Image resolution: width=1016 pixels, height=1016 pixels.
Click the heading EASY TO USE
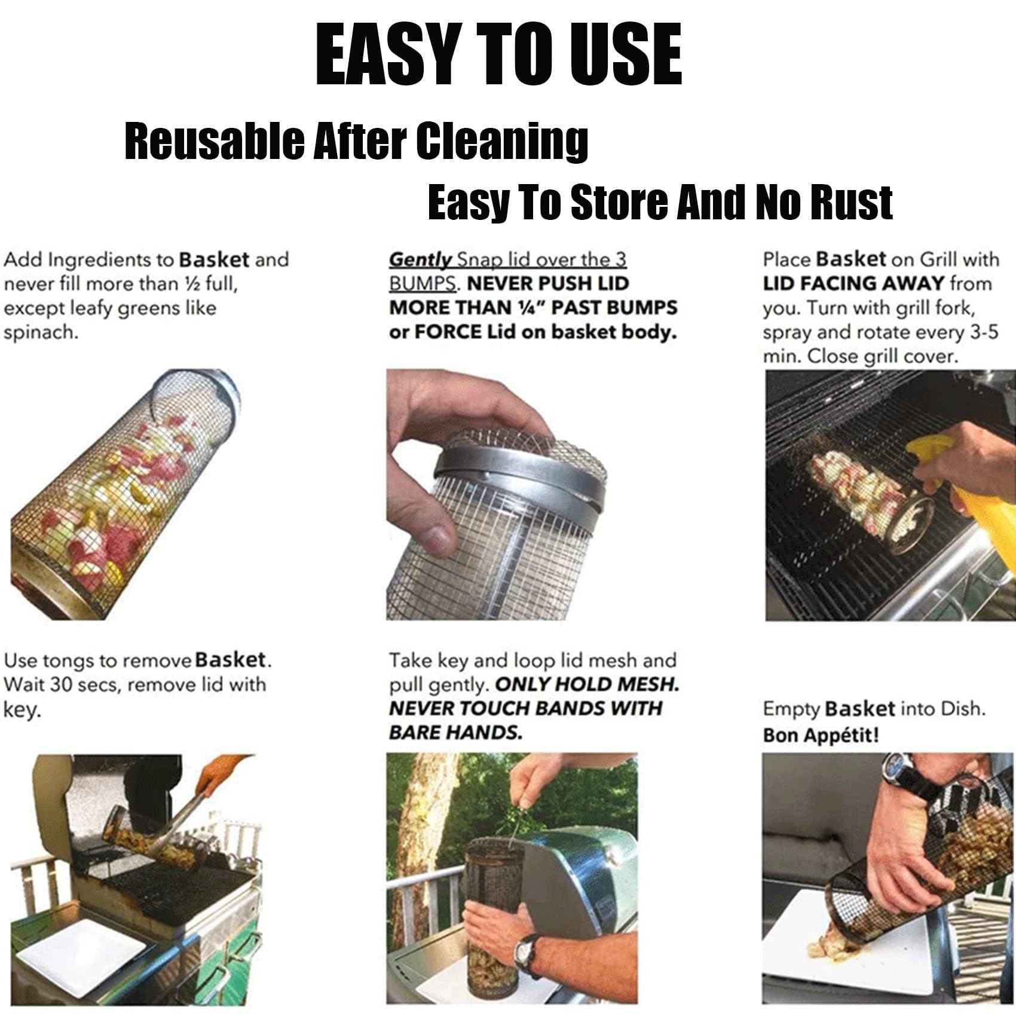[499, 56]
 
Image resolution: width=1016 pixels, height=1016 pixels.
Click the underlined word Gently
[421, 261]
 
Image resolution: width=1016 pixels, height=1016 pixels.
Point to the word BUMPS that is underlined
[422, 283]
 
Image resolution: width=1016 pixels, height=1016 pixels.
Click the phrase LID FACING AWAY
[853, 283]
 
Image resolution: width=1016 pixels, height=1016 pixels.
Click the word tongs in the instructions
[72, 662]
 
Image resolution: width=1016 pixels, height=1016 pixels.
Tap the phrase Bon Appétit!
[821, 735]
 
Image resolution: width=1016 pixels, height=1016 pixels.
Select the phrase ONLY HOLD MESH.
[587, 684]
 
